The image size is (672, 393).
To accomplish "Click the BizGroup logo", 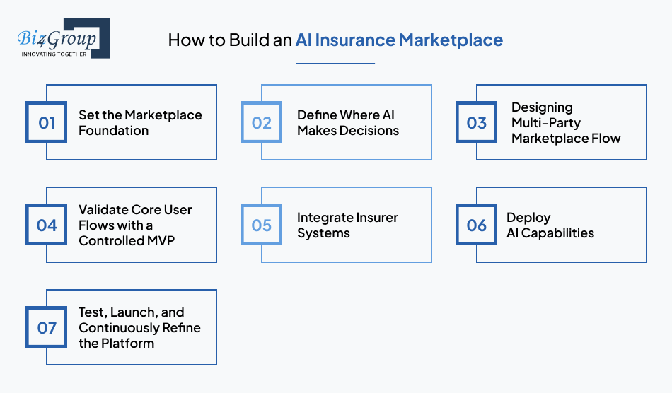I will click(x=62, y=38).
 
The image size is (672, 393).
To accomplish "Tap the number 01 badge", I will click(x=47, y=123).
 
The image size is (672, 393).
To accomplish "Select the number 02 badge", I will click(x=262, y=123).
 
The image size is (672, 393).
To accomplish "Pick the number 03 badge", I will click(x=477, y=123).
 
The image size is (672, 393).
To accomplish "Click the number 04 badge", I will click(x=47, y=225).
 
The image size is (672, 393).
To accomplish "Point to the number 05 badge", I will click(x=262, y=225).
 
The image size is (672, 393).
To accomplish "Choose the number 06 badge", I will click(x=477, y=225).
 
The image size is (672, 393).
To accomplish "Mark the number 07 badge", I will click(x=47, y=328).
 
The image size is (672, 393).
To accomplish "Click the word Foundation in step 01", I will click(x=113, y=131).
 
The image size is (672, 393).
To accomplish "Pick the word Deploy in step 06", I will click(x=528, y=218).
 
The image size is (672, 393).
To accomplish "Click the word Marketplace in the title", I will click(x=451, y=40).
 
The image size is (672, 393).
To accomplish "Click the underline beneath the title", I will click(x=335, y=64).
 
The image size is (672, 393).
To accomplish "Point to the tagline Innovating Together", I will click(x=54, y=54).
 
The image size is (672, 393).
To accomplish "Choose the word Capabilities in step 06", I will click(x=559, y=233).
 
